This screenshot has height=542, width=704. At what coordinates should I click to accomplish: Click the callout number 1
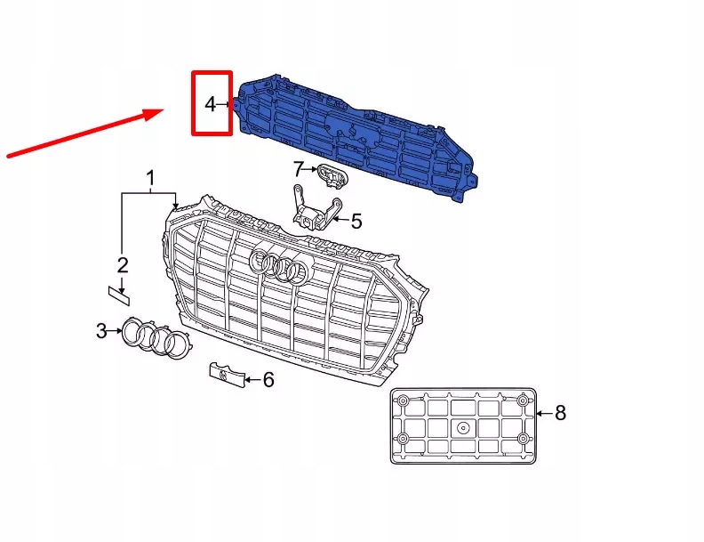150,178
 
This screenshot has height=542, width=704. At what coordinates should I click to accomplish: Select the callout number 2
123,264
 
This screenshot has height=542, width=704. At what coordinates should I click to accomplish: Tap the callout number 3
101,332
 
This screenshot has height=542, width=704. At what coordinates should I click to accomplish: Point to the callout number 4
210,104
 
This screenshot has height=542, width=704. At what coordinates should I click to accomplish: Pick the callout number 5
356,220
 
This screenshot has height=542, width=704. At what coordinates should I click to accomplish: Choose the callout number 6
268,380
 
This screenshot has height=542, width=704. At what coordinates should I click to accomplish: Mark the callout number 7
299,168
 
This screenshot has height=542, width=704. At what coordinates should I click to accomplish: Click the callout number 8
559,412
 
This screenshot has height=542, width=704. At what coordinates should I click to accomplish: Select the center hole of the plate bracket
463,427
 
